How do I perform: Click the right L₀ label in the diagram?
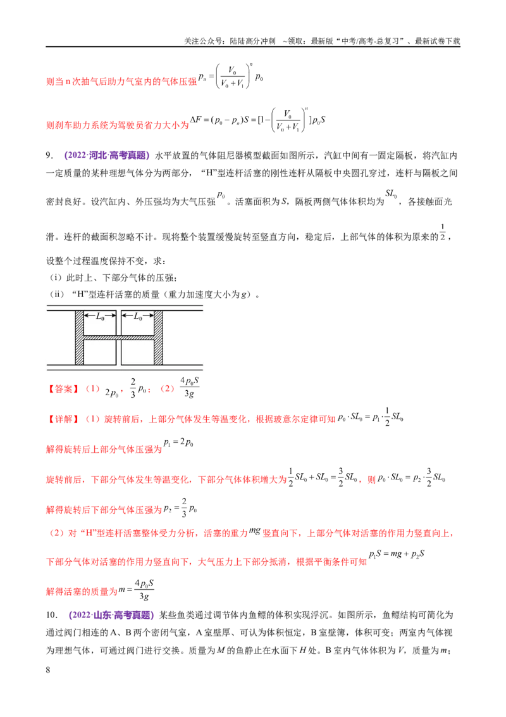click(139, 317)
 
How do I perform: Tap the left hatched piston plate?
click(80, 338)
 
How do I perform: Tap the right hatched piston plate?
click(159, 338)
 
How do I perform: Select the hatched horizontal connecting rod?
click(119, 338)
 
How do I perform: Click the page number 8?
click(48, 670)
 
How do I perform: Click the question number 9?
click(49, 155)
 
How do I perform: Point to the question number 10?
click(52, 614)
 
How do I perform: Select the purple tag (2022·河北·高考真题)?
click(107, 155)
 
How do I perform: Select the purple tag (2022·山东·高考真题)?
click(111, 614)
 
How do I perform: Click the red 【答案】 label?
click(63, 389)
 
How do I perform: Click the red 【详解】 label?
click(63, 419)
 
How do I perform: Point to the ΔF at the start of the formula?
click(196, 119)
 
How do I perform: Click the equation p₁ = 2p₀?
click(178, 443)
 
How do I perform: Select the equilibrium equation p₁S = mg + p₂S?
click(397, 554)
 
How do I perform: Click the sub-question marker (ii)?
click(57, 294)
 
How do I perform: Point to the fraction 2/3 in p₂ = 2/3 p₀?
click(184, 507)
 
